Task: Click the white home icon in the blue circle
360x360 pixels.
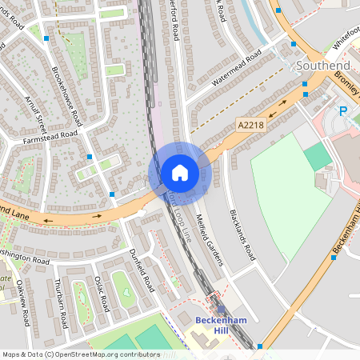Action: click(x=179, y=173)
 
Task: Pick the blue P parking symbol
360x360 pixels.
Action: click(x=343, y=111)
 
